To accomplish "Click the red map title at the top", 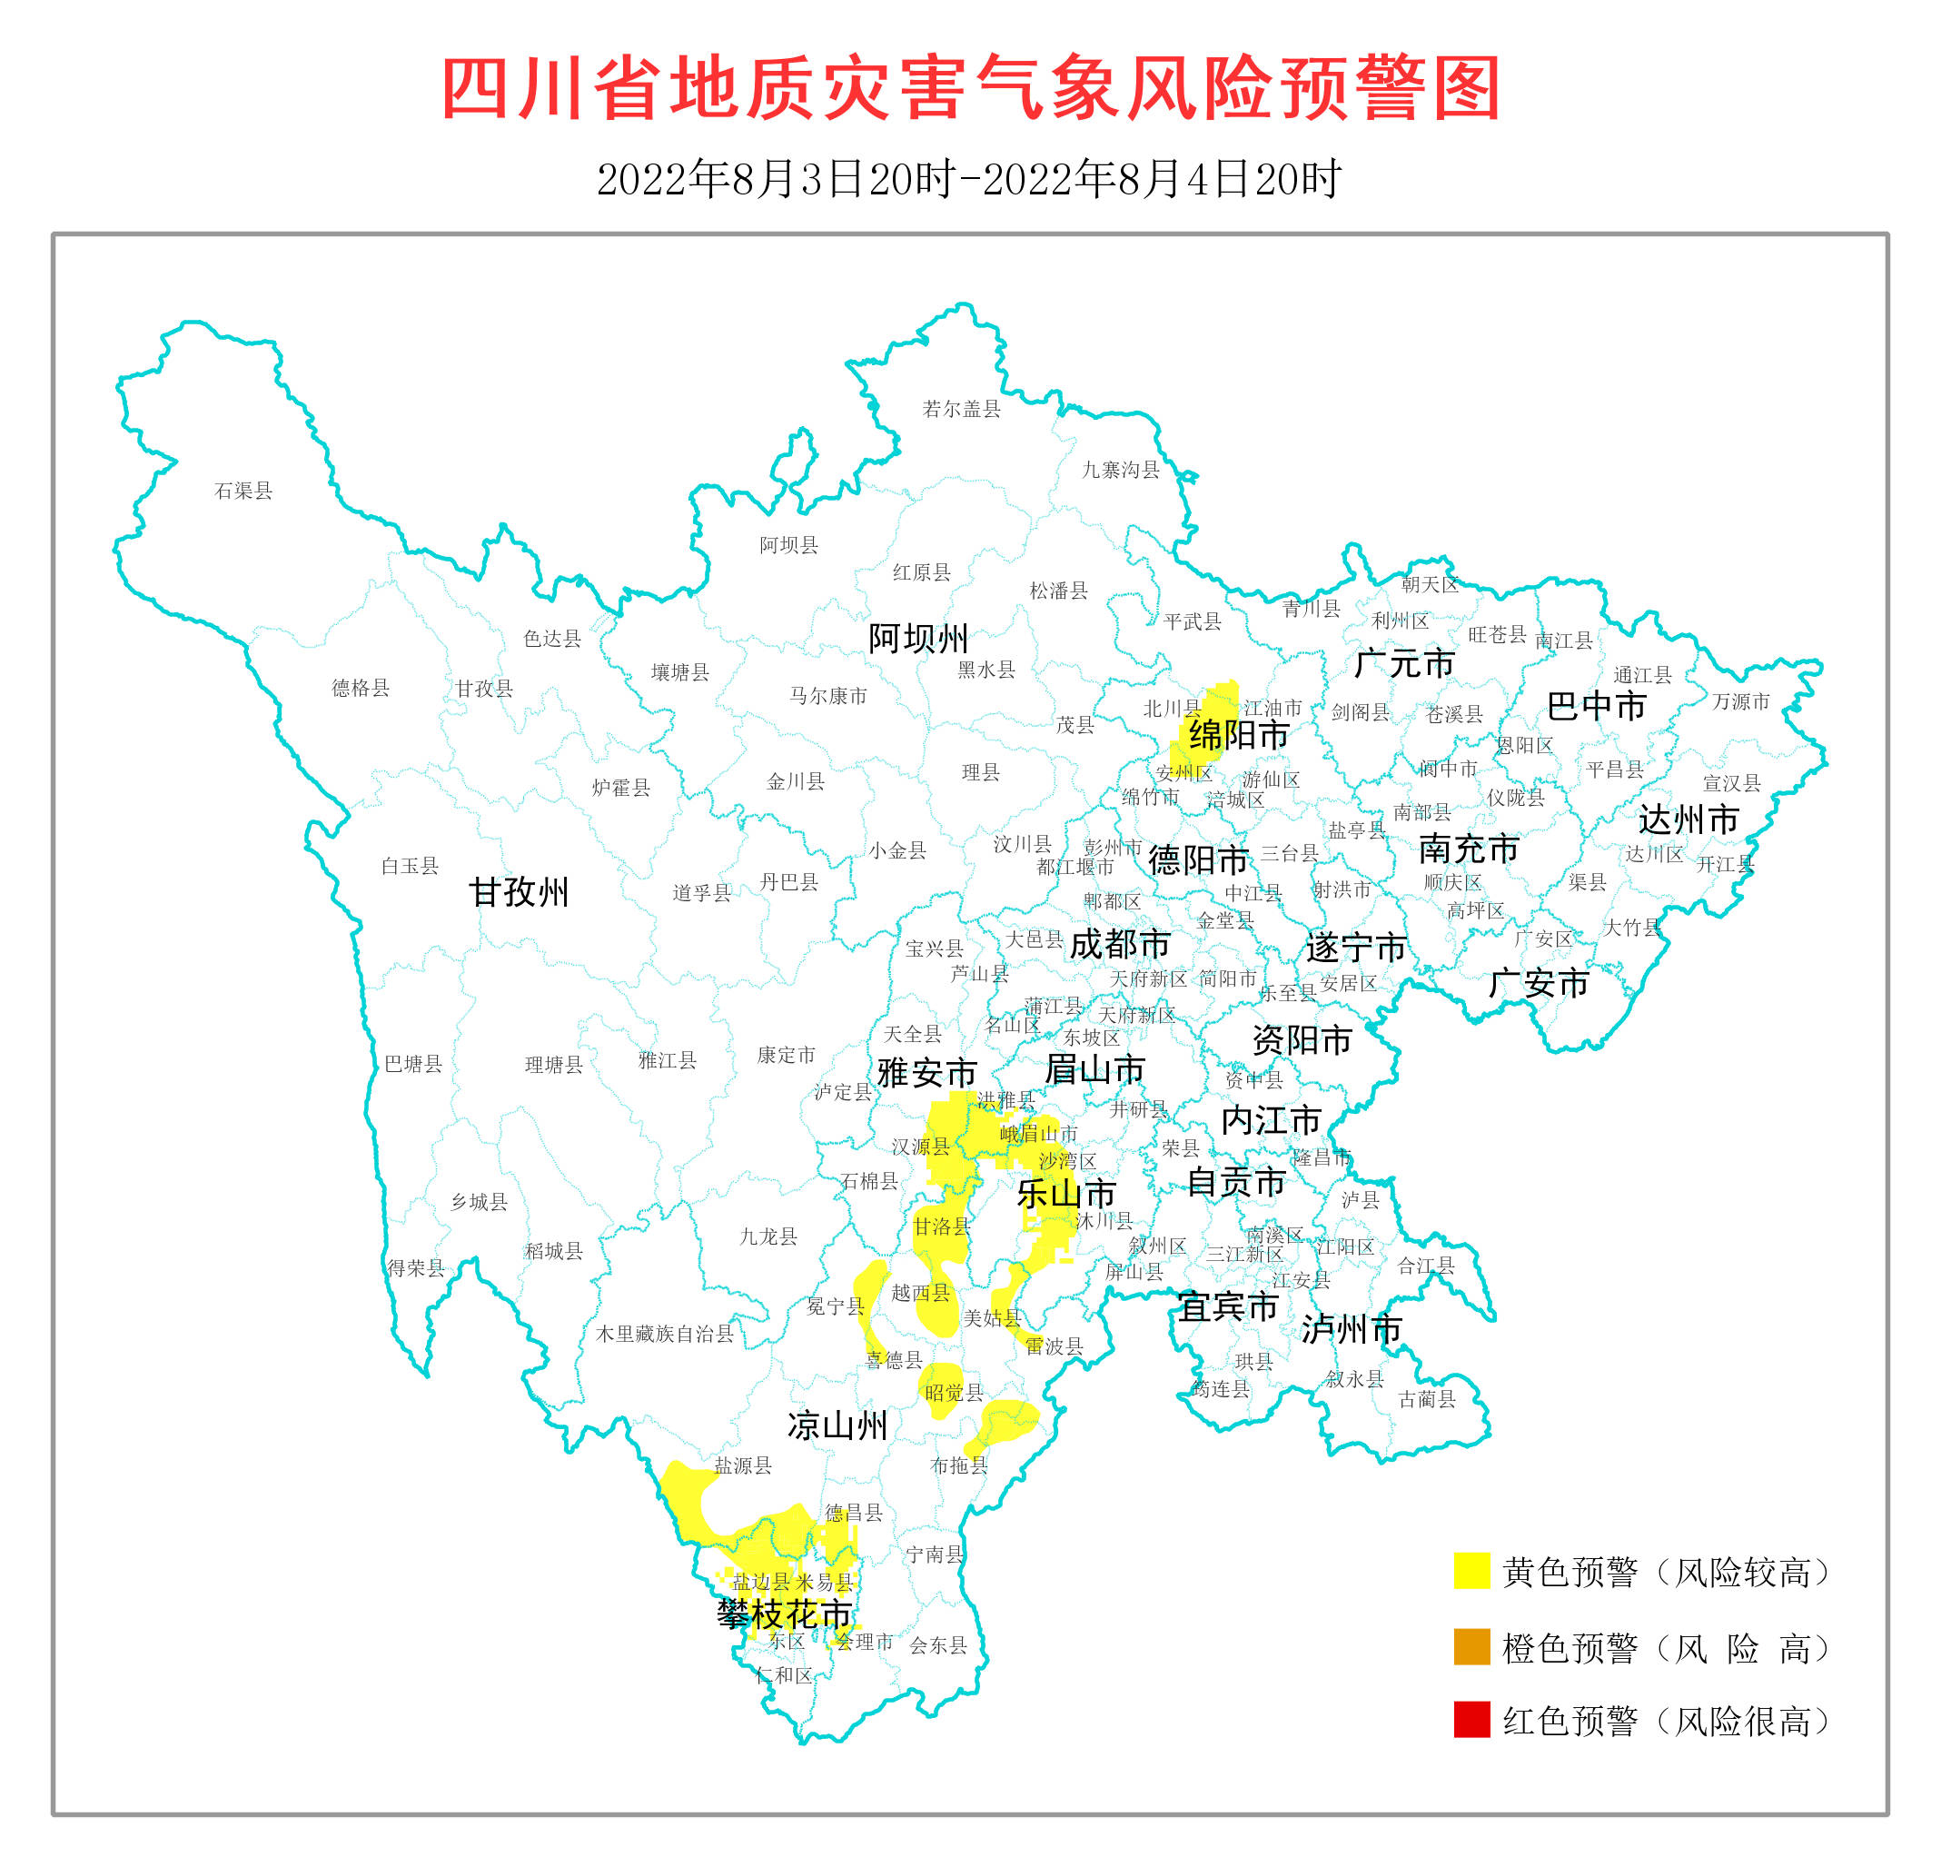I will [x=970, y=89].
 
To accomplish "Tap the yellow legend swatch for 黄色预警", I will [x=1471, y=1570].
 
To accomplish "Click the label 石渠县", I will [x=243, y=491].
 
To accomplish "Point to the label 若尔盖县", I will [x=960, y=409].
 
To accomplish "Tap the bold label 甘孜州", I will [x=518, y=892].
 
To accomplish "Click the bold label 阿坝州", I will [x=917, y=639].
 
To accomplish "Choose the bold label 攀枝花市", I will [x=784, y=1614].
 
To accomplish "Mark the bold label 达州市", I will [x=1688, y=819].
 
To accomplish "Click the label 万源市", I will [x=1740, y=701].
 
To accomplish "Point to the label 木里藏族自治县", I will [x=664, y=1334].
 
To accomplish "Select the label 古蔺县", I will [x=1426, y=1399].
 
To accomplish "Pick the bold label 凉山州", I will [x=837, y=1425].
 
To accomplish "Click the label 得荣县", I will [x=415, y=1268].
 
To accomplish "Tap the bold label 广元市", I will [x=1402, y=663].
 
